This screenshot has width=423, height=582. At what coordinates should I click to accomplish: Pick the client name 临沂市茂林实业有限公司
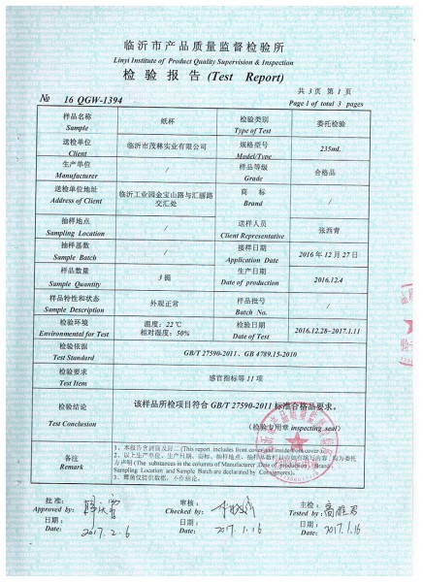168,144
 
